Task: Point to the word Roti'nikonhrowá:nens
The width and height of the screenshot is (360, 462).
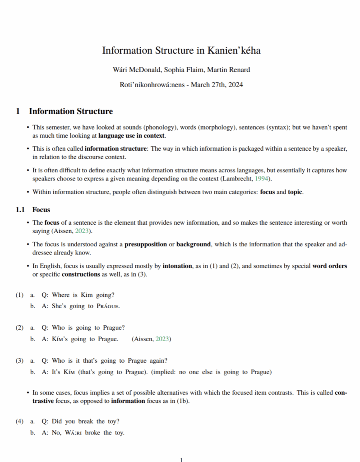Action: pos(152,84)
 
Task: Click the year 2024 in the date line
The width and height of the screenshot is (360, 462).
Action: pos(235,84)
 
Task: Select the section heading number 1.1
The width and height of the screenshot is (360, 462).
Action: pos(21,209)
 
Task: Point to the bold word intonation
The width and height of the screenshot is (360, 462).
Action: pos(177,266)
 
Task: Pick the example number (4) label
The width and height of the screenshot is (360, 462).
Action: pos(19,421)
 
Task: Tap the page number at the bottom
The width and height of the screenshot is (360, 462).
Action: pos(181,460)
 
